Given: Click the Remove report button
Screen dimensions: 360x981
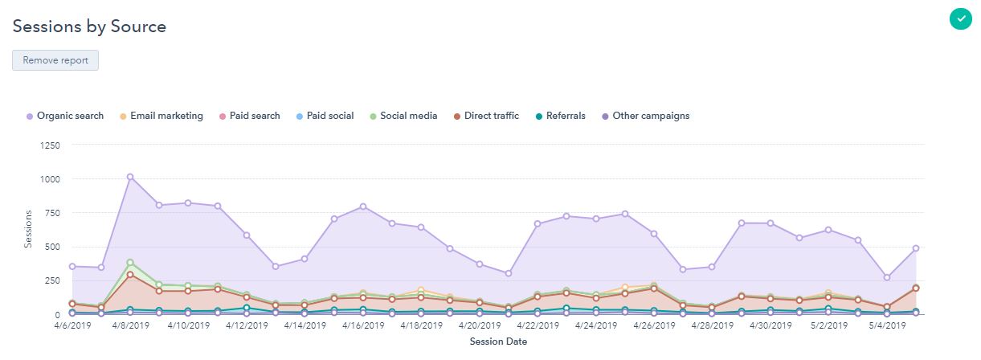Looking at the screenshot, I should click(x=55, y=60).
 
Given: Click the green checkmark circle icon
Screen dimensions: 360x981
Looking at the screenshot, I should click(x=959, y=18).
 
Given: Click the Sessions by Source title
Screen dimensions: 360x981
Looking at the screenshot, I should click(x=89, y=27).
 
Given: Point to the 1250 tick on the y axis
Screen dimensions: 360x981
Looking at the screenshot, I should click(x=51, y=145).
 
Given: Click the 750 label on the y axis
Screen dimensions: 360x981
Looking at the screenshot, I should click(x=54, y=213).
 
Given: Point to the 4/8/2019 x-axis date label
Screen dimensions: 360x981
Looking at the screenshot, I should click(x=130, y=326).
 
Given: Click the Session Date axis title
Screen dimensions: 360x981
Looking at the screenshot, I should click(x=498, y=342).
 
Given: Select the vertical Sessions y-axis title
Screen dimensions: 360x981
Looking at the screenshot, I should click(x=27, y=228).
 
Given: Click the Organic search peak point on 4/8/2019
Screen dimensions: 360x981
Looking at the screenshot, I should click(x=130, y=177).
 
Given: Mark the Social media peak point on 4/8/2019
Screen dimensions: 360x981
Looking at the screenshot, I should click(x=130, y=263).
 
